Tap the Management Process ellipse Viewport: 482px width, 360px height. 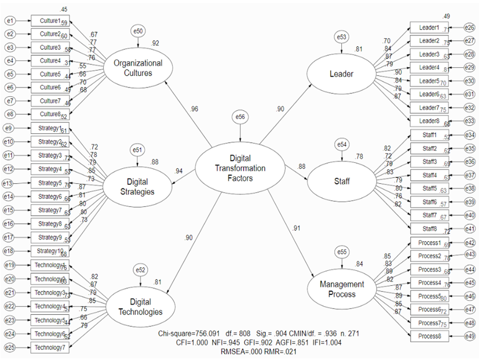[342, 289]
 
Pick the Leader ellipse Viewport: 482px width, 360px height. [341, 74]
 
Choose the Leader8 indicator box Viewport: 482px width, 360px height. [429, 121]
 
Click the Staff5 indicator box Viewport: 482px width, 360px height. [429, 188]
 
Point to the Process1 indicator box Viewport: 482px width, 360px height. [429, 243]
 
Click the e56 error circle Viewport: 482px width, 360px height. [241, 118]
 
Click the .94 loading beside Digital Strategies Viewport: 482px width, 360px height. [179, 171]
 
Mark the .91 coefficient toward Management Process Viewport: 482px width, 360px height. [296, 228]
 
